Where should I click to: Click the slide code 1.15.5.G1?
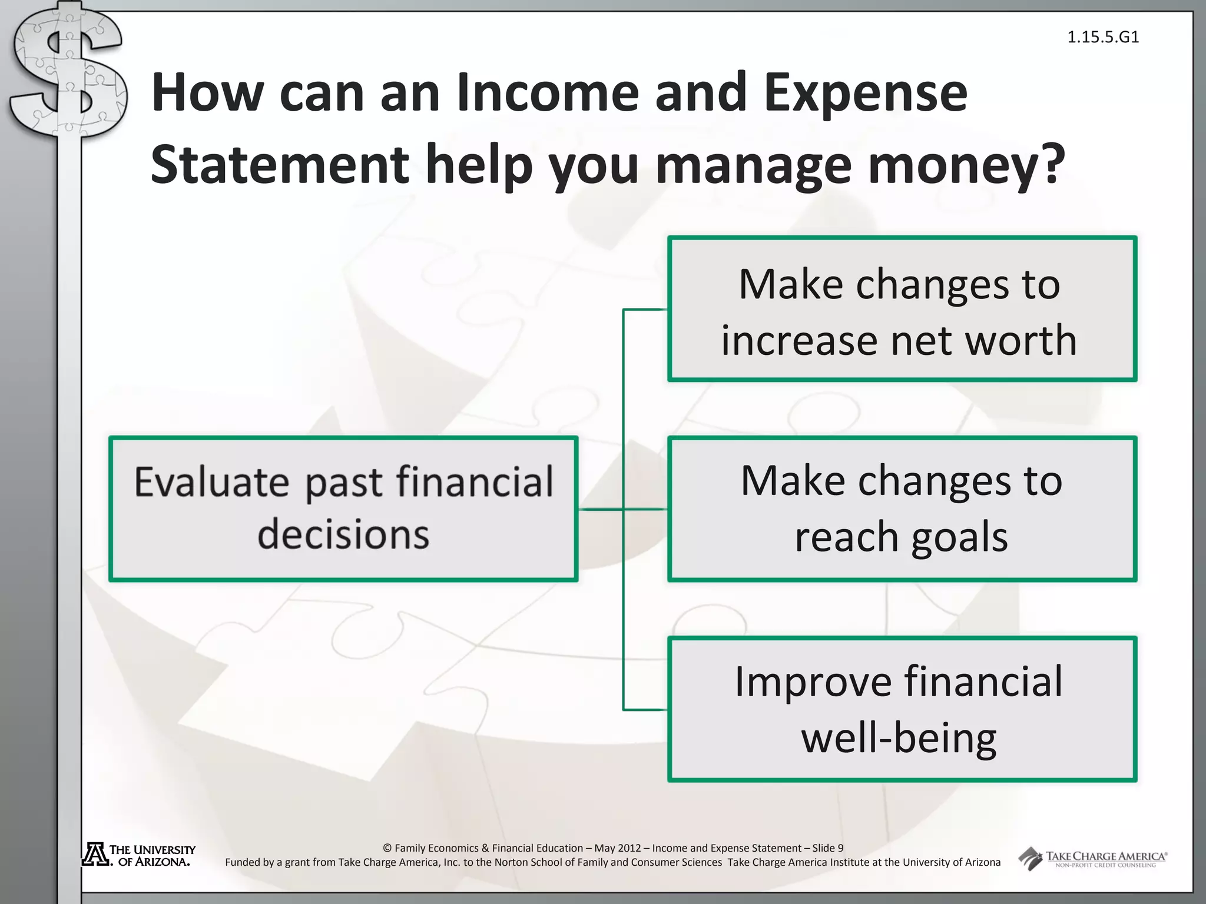(x=1103, y=38)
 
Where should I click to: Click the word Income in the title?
(x=548, y=92)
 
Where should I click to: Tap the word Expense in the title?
(x=865, y=92)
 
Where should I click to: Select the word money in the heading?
(x=949, y=166)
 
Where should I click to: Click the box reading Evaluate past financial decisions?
(x=343, y=508)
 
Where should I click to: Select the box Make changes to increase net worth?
(x=902, y=309)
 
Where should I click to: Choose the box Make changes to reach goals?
(x=902, y=508)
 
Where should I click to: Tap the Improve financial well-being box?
(x=902, y=709)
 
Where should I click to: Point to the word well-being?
(x=899, y=738)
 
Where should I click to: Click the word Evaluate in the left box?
(x=211, y=482)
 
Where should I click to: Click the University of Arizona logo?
(x=139, y=855)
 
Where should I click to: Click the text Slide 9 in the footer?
(x=827, y=848)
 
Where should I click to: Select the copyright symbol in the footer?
(x=387, y=848)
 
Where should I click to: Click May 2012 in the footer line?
(x=617, y=848)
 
